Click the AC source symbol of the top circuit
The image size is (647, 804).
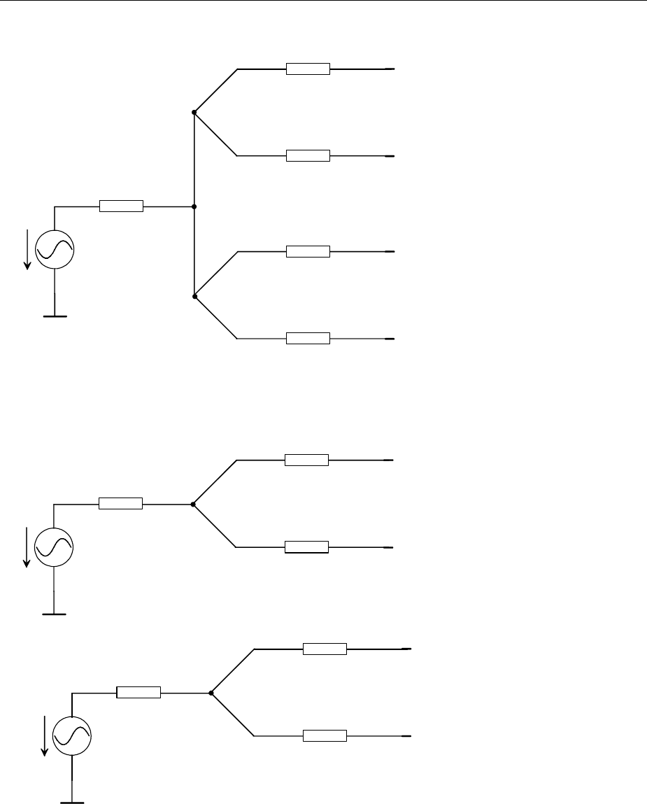point(55,249)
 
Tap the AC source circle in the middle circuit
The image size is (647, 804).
point(55,546)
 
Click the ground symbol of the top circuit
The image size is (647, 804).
point(55,316)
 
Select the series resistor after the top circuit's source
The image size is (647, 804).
point(121,206)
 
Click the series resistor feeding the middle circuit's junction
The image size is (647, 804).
point(121,503)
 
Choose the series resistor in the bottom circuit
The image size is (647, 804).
point(138,693)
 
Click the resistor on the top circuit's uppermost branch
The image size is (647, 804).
point(308,69)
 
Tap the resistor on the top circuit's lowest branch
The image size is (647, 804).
point(308,339)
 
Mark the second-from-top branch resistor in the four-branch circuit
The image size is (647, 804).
point(308,155)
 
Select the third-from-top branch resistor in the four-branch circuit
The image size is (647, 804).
point(308,251)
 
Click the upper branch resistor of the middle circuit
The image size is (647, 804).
point(306,460)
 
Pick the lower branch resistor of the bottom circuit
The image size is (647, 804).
point(325,735)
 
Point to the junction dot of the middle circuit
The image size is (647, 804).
point(193,504)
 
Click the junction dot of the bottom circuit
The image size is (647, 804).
point(211,693)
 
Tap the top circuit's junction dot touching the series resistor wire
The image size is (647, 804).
point(194,206)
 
